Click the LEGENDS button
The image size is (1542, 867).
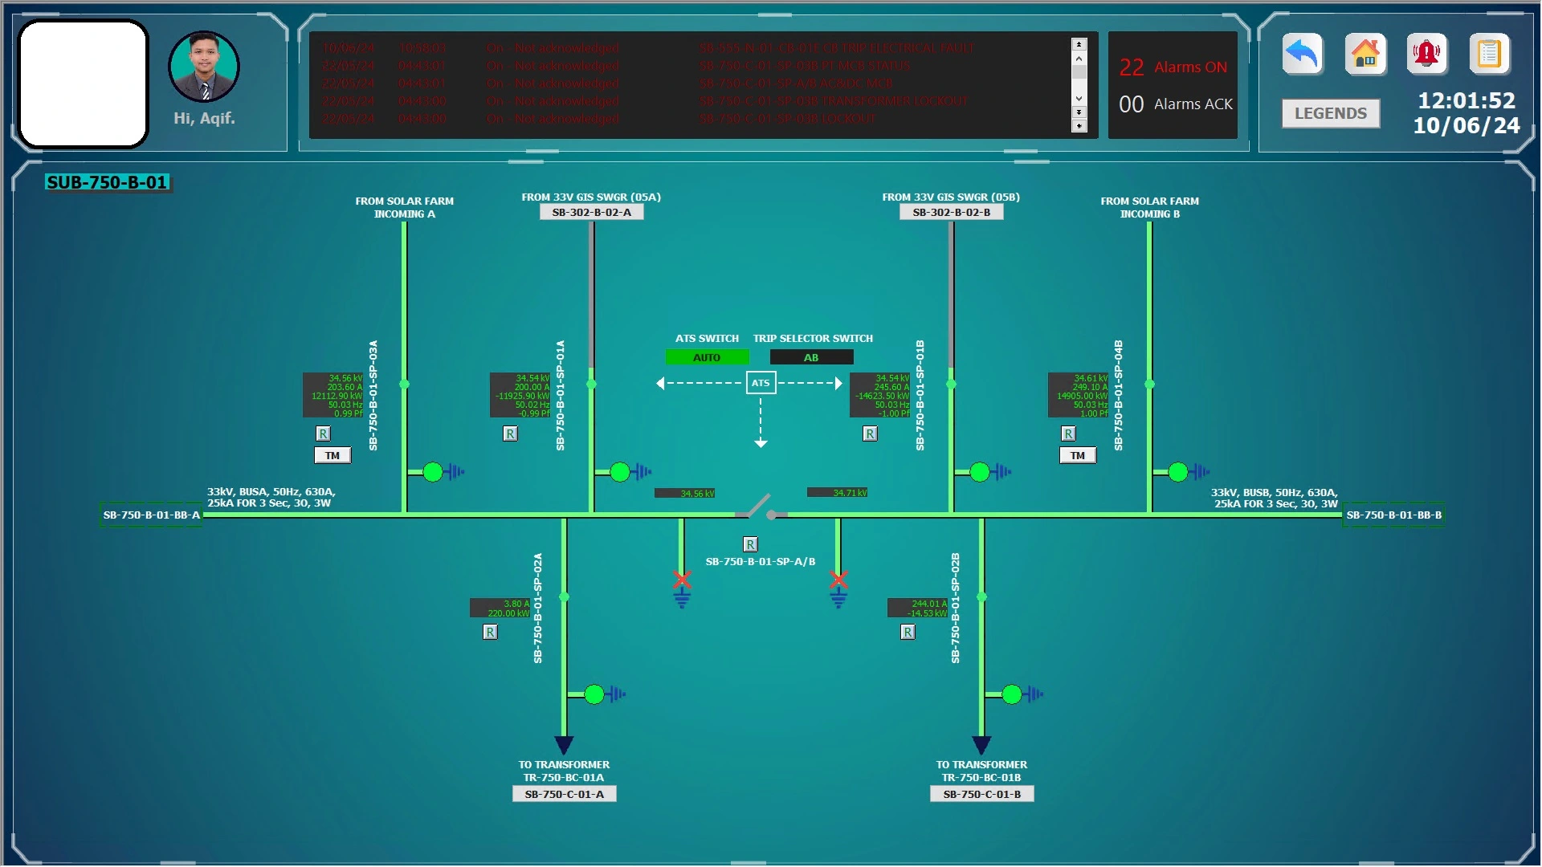1330,113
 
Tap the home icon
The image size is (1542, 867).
1365,55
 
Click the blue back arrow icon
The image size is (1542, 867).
1302,55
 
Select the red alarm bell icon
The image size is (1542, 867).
1426,55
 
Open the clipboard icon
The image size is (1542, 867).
1488,55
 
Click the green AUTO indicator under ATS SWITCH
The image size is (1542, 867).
707,357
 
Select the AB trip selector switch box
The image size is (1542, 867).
811,357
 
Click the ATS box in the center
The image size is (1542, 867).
761,383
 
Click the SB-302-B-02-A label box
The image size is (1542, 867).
592,212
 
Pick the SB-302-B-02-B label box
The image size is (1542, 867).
952,212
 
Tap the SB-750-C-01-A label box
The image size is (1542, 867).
565,794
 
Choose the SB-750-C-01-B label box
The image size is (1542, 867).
981,794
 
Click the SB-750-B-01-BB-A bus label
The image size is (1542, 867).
152,515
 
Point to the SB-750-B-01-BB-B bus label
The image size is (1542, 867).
1393,515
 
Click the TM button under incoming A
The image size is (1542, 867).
332,455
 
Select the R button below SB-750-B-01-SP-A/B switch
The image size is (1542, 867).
750,544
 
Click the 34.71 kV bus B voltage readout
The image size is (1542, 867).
838,492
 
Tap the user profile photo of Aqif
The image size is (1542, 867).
204,67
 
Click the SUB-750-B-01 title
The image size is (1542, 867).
107,182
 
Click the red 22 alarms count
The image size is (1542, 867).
1131,67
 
